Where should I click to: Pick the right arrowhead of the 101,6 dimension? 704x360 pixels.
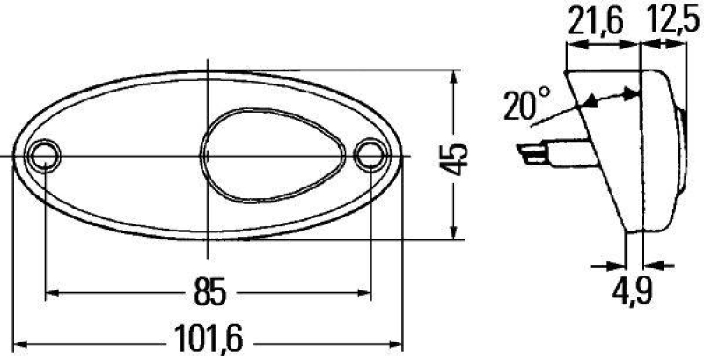pos(395,344)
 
